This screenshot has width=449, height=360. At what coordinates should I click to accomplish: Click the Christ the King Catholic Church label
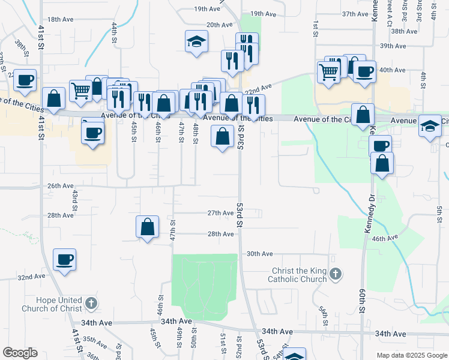click(299, 275)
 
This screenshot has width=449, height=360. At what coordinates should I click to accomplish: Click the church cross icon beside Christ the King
click(336, 274)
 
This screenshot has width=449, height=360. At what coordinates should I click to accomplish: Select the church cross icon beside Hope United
click(91, 303)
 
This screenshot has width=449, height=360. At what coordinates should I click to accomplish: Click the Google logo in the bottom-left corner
click(20, 353)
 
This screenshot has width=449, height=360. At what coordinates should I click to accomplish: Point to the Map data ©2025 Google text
click(412, 355)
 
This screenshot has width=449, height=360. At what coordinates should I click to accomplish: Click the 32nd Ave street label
click(32, 277)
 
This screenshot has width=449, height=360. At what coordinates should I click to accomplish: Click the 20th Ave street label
click(219, 25)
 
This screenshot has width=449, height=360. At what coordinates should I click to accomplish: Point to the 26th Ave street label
click(60, 186)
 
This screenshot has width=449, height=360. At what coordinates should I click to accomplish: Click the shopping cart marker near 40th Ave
click(328, 72)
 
